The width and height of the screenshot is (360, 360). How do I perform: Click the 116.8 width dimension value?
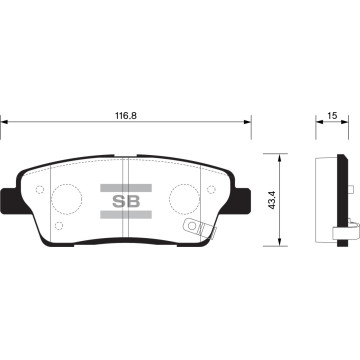(126, 116)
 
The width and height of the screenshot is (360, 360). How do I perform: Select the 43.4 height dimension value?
(273, 200)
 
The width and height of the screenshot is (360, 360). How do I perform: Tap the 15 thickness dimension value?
(332, 116)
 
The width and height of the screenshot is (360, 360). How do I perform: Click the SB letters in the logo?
(126, 201)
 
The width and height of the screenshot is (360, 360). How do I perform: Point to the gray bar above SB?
(126, 188)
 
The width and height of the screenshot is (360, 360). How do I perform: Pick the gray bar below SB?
(126, 214)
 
